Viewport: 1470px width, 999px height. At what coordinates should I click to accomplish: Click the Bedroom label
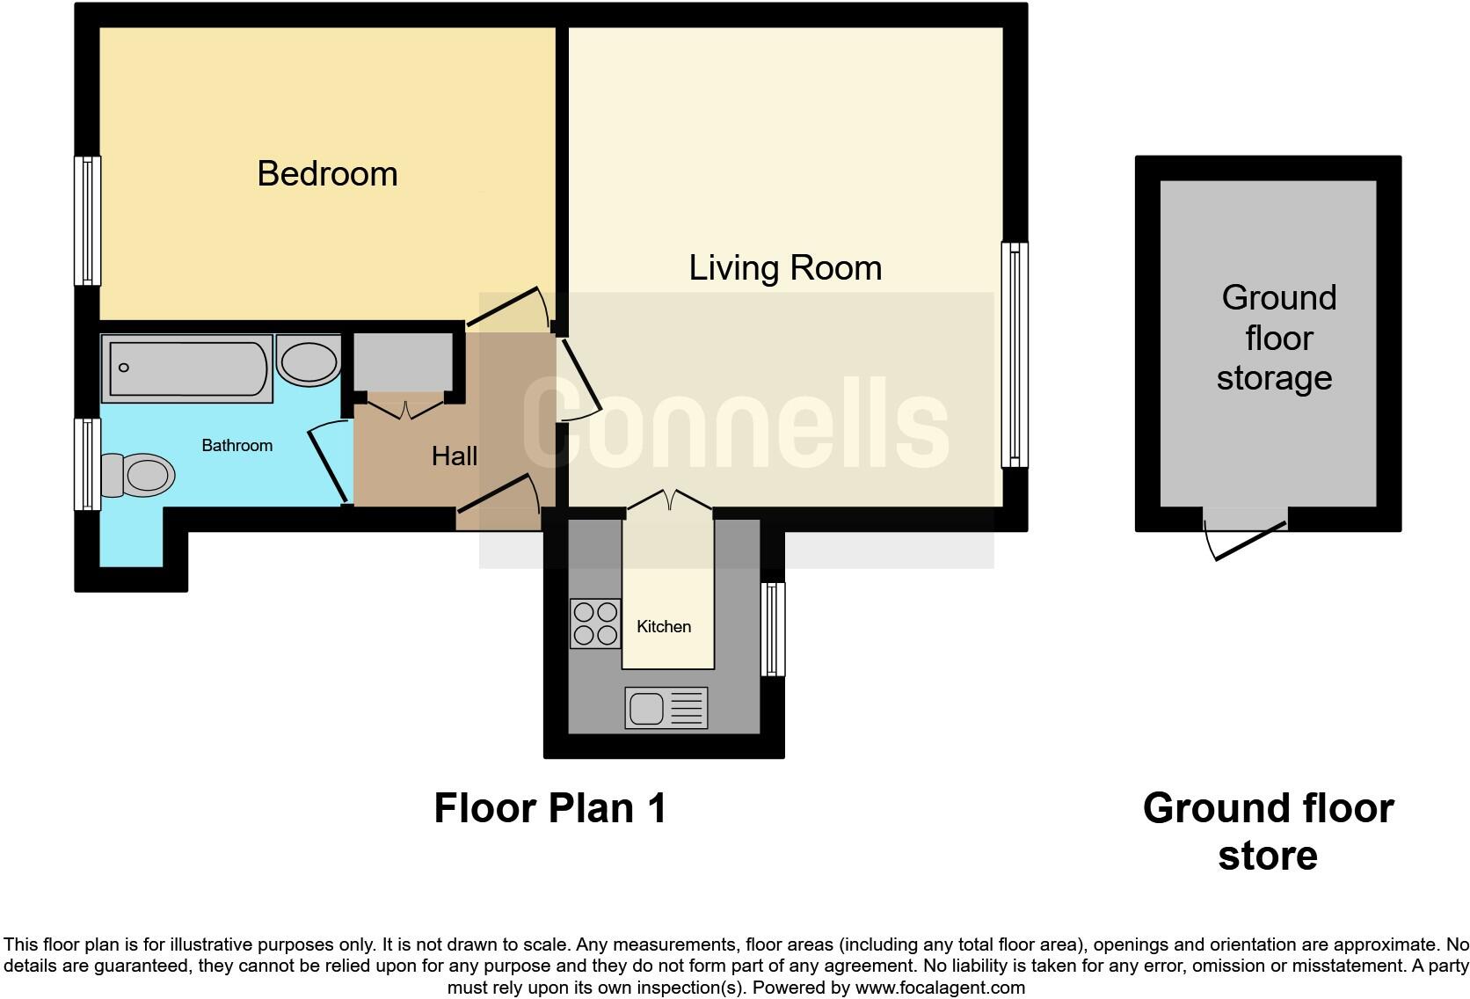[327, 173]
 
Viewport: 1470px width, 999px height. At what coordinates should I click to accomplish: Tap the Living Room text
[785, 267]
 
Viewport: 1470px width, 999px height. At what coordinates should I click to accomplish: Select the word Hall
[455, 456]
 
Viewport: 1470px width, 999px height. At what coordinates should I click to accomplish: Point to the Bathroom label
[237, 445]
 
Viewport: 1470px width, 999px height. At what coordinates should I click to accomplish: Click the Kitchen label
[663, 626]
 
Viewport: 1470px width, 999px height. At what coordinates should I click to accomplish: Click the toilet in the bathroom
[138, 475]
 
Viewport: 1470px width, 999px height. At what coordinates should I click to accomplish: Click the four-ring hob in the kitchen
[595, 623]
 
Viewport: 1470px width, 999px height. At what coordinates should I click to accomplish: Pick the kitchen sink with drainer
[666, 708]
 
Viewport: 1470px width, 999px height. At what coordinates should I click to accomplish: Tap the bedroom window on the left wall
[87, 221]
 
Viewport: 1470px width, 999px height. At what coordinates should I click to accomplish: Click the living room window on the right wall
[1015, 354]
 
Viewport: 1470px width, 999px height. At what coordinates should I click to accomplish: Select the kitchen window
[772, 629]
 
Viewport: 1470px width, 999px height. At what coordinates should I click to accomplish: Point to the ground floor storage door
[1246, 536]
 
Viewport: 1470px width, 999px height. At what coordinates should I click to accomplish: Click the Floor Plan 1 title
[550, 807]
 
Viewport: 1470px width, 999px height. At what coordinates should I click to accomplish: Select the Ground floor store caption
[1267, 831]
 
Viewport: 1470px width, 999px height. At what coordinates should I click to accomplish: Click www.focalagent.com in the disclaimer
[939, 988]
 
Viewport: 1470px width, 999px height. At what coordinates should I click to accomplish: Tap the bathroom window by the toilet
[87, 463]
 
